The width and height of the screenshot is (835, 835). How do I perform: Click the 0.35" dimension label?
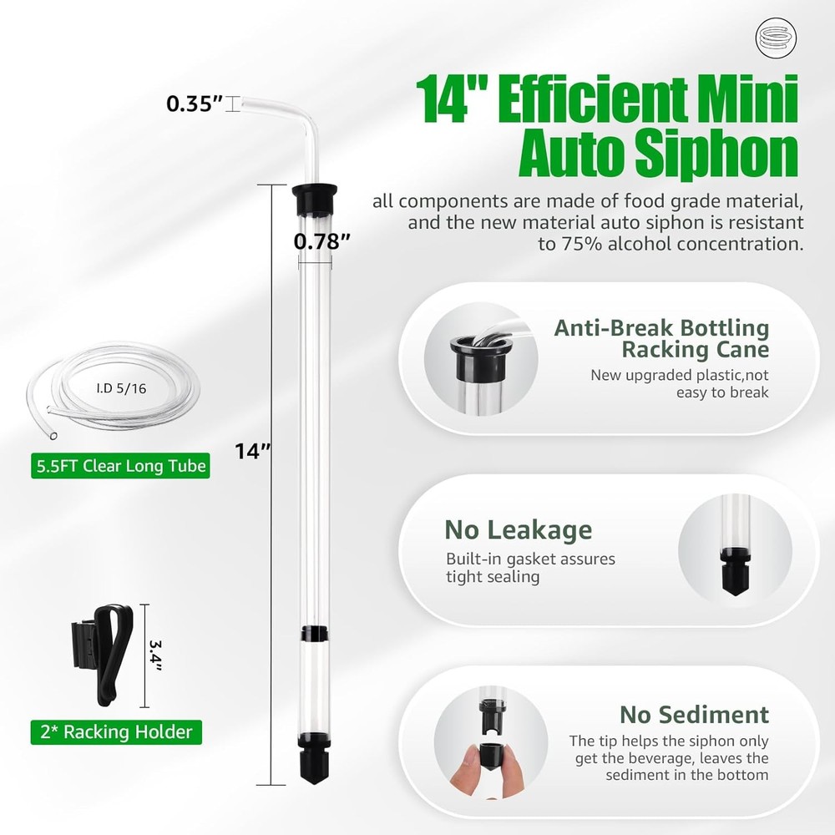tap(194, 104)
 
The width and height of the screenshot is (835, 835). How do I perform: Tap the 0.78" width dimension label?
tap(321, 242)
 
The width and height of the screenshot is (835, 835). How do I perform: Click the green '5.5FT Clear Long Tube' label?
tap(119, 466)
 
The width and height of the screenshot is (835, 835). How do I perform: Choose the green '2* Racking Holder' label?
tap(115, 733)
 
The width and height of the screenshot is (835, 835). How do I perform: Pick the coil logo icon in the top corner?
tap(772, 38)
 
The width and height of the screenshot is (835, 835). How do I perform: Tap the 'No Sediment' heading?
tap(694, 715)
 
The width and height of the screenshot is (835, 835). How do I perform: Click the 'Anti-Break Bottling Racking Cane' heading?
tap(661, 337)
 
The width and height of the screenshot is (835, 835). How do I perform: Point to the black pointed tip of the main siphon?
tap(312, 765)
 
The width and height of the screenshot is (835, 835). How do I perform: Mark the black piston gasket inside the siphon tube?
tap(312, 635)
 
